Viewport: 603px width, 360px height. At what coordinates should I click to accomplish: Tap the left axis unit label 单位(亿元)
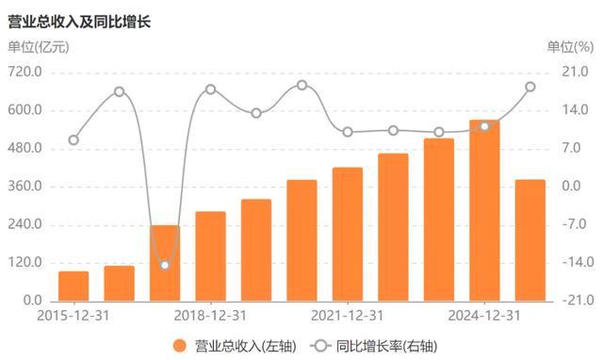(39, 48)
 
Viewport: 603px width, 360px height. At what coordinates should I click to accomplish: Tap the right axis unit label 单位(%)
(570, 48)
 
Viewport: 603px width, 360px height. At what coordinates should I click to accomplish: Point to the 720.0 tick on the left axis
(25, 73)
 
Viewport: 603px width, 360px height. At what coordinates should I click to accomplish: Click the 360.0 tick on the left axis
(25, 187)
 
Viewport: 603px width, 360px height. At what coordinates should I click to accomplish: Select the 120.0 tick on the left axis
(25, 263)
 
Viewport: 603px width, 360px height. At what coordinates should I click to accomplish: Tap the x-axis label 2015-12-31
(73, 315)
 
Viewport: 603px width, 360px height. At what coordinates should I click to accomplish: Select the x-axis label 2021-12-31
(348, 315)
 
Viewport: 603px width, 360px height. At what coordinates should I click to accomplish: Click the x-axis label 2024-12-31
(484, 315)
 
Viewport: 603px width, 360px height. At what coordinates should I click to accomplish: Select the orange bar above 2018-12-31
(210, 255)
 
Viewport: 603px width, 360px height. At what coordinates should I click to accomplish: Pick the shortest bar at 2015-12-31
(73, 286)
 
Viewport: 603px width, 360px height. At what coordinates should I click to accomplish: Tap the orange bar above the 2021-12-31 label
(348, 234)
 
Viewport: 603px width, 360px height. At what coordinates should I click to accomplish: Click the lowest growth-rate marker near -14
(165, 265)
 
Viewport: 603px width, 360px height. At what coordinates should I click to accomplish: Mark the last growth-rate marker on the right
(530, 87)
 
